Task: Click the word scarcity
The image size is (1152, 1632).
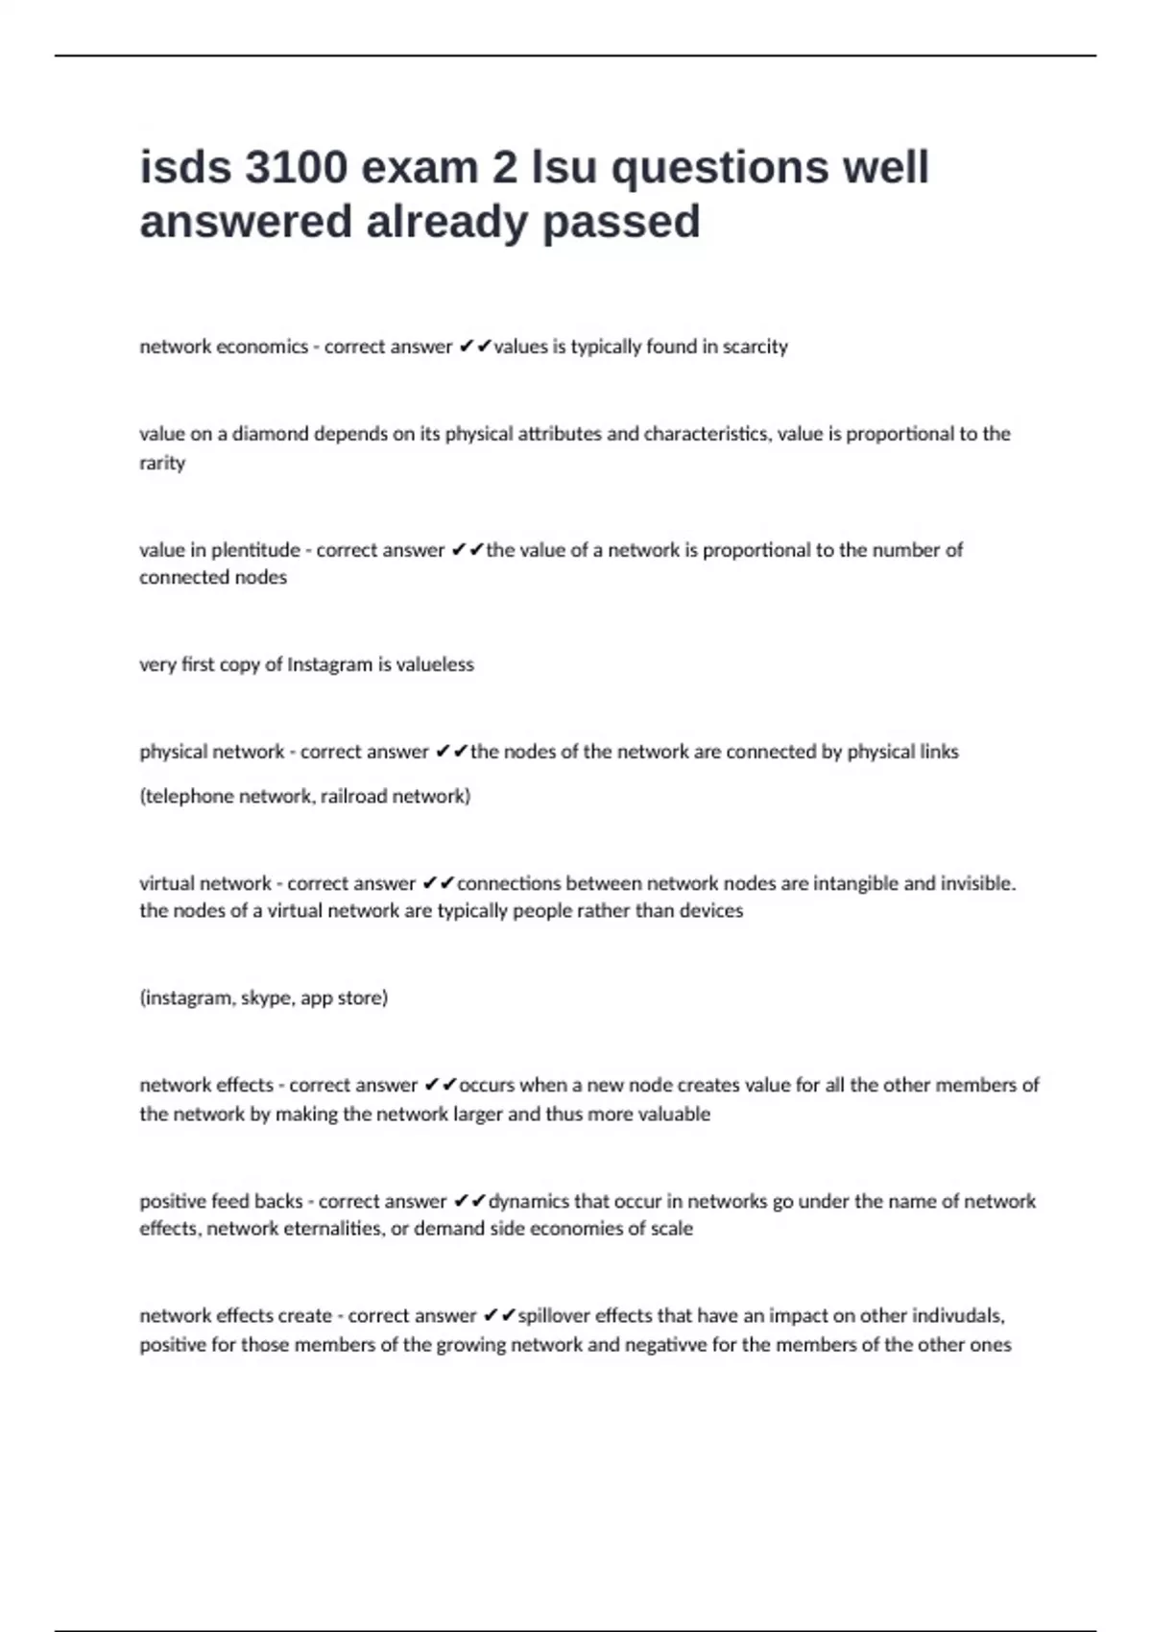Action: tap(755, 347)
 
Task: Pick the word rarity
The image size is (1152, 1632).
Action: tap(162, 463)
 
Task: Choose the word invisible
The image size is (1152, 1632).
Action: tap(971, 883)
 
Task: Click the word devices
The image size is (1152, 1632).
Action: tap(711, 911)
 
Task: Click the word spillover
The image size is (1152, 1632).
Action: tap(554, 1316)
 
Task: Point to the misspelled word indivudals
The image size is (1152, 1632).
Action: tap(956, 1316)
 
